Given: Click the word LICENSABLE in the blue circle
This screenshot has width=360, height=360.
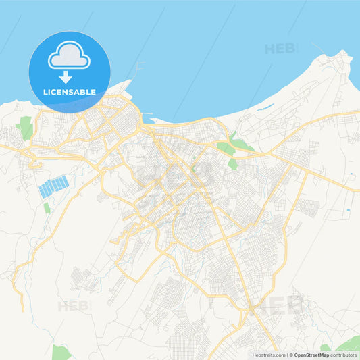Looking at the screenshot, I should click(x=70, y=91).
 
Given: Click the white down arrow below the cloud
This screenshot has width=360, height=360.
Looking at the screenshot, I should click(x=66, y=76).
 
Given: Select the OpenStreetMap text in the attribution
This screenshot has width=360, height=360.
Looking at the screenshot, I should click(x=316, y=355).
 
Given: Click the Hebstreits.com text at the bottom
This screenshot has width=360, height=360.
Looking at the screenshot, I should click(x=268, y=355).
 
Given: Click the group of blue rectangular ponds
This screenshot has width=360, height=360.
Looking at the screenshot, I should click(x=54, y=186).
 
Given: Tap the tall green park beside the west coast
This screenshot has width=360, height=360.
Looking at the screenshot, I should click(x=26, y=128).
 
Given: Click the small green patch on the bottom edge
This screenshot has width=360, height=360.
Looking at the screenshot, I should click(x=60, y=353).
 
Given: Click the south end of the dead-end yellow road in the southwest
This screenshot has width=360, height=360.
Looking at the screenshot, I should click(x=22, y=310).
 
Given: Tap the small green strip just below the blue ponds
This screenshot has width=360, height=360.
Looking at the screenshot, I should click(x=47, y=209).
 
